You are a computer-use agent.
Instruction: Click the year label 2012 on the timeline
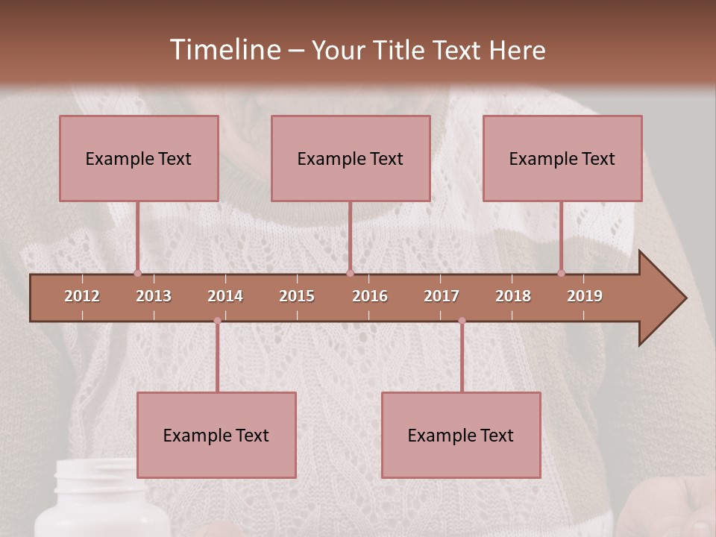82,296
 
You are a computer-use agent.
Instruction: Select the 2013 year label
154,296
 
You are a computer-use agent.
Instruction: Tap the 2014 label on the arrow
225,296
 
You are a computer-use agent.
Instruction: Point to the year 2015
297,296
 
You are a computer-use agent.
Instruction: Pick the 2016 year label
370,296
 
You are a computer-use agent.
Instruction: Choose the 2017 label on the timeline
442,296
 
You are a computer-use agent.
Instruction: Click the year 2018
513,296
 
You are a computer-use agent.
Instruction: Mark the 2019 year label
585,296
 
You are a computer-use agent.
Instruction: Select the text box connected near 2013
139,158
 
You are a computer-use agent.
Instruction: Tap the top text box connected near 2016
351,158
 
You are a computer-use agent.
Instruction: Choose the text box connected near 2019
562,158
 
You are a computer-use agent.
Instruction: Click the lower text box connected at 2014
216,435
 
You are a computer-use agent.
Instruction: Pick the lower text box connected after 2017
461,435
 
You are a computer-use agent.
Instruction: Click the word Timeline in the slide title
224,50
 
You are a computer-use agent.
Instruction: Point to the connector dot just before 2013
137,273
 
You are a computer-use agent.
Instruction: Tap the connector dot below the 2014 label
217,321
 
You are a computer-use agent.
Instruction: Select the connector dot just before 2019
562,273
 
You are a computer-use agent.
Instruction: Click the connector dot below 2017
462,321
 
